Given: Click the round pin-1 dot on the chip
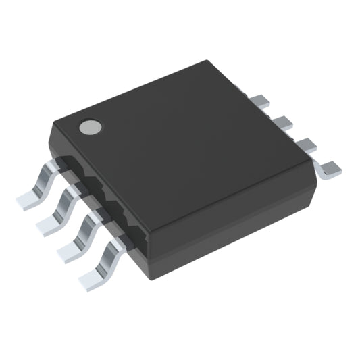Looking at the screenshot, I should click(90, 126).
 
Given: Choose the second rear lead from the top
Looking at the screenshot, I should click(282, 122).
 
